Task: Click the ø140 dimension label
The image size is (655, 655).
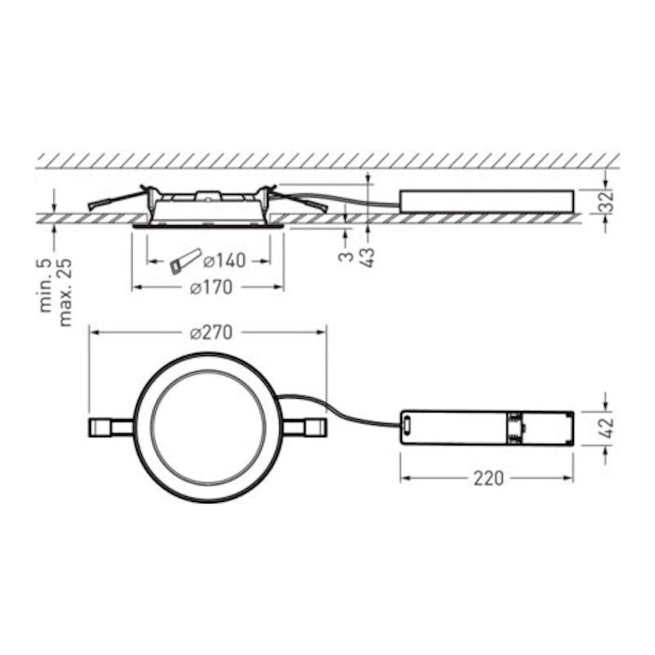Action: click(x=224, y=260)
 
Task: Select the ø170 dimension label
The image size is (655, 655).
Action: click(x=211, y=287)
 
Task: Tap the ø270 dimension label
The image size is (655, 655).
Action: click(x=211, y=332)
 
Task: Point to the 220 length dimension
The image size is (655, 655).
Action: click(x=488, y=478)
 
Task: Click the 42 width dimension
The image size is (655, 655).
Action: click(x=607, y=427)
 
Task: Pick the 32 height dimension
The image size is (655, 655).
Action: click(x=607, y=201)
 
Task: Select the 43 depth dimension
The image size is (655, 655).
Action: click(x=368, y=256)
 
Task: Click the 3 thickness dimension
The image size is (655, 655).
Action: click(x=346, y=255)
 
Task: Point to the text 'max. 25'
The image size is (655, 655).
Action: click(x=65, y=292)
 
